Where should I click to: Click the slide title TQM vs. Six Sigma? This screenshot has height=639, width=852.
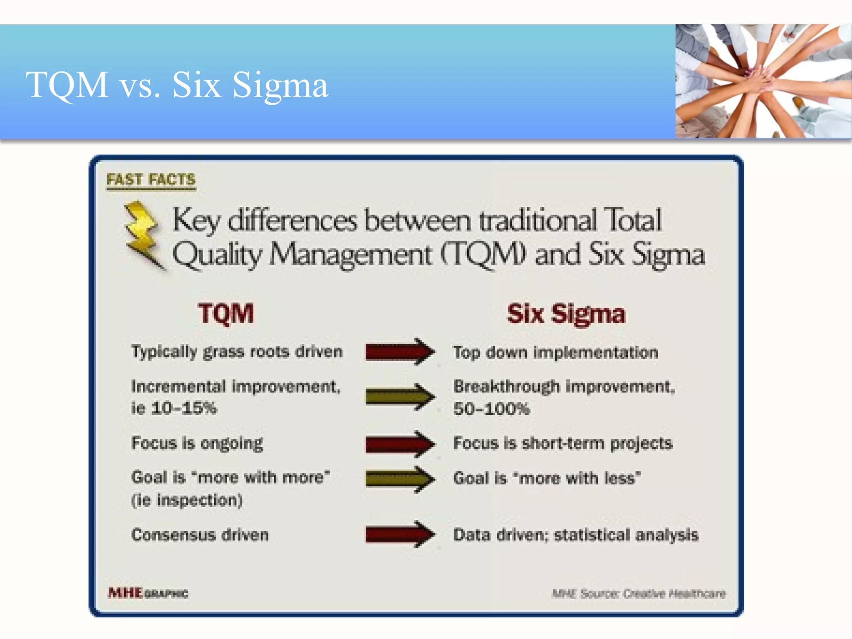coord(177,85)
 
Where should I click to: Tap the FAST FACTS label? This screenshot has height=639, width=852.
coord(151,180)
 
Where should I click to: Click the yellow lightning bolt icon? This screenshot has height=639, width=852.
coord(143,235)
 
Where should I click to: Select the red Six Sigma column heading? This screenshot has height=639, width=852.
coord(566,314)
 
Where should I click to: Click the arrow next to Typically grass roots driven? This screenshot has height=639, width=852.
coord(399,352)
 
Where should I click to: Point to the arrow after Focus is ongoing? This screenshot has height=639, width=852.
coord(399,444)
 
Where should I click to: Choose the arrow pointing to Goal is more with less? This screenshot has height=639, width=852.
coord(399,479)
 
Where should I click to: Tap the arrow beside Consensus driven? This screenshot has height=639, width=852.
coord(399,534)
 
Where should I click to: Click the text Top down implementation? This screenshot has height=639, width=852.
coord(555,353)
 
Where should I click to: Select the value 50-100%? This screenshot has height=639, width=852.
coord(491,409)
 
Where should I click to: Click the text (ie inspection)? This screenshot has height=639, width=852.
coord(187,500)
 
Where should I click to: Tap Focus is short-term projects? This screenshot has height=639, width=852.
coord(562,443)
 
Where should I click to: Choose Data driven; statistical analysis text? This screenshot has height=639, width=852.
coord(575,535)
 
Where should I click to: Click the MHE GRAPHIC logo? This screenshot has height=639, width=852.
coord(148,593)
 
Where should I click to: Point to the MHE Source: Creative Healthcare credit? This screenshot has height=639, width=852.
coord(639,593)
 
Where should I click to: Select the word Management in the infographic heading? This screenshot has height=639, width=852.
coord(350,255)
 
